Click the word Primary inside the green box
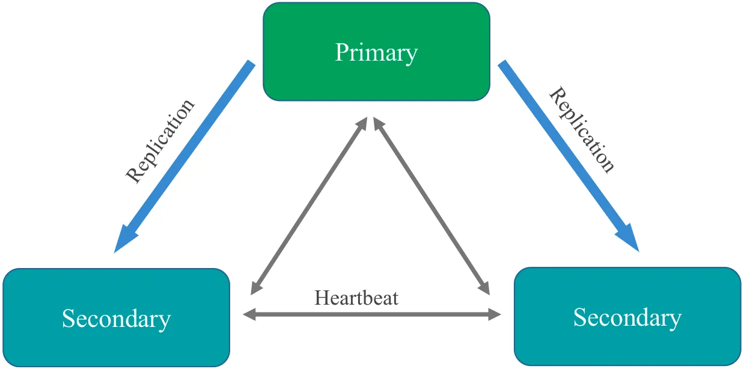[376, 53]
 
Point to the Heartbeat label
[356, 297]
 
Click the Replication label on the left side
[160, 140]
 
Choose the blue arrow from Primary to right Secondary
[565, 150]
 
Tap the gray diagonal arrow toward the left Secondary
[309, 204]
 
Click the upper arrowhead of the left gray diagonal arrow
[363, 122]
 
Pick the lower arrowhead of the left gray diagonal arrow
[255, 288]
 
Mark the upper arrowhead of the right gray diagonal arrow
[377, 122]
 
